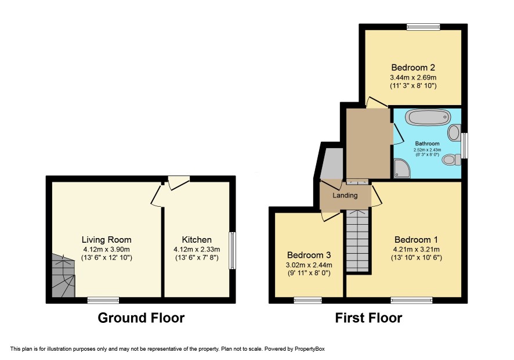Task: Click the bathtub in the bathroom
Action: click(428, 117)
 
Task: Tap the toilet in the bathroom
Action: click(452, 160)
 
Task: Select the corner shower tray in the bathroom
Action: click(402, 168)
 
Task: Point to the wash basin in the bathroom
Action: click(454, 132)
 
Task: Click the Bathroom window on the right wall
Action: click(464, 145)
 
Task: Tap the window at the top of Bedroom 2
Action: click(423, 27)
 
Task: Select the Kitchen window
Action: click(232, 251)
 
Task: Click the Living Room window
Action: click(103, 300)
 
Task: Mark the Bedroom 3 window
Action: click(308, 300)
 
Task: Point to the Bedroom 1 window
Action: click(412, 300)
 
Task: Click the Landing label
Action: click(345, 196)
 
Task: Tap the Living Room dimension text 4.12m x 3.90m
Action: click(107, 250)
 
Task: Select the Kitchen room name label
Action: click(197, 240)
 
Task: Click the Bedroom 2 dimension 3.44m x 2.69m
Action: click(413, 78)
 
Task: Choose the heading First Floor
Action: click(368, 318)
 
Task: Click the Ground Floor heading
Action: click(141, 318)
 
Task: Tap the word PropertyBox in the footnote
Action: click(310, 349)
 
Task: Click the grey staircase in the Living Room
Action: click(63, 275)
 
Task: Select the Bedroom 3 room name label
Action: click(309, 255)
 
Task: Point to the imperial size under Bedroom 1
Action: click(417, 258)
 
